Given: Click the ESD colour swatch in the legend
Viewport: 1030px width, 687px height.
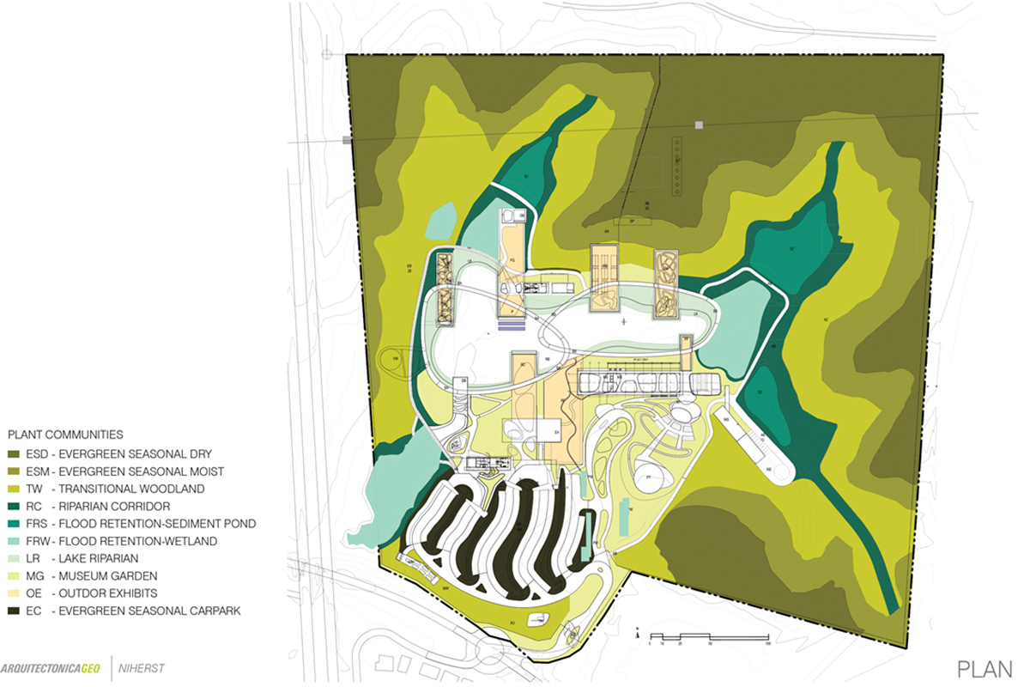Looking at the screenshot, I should (x=15, y=453).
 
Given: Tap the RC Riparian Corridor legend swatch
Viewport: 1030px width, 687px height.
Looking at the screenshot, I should (x=15, y=506).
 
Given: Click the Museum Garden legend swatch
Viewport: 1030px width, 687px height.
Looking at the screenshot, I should (x=15, y=575).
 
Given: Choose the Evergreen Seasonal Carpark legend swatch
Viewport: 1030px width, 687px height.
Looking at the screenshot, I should (x=15, y=611).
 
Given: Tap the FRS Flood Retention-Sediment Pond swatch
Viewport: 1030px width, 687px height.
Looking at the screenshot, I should (x=15, y=523).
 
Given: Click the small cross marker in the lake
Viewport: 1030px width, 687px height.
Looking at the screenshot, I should (x=623, y=322).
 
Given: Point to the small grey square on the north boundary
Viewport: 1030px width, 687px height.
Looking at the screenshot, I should (x=700, y=125).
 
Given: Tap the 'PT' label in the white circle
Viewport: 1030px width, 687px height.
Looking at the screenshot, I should (x=649, y=476).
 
